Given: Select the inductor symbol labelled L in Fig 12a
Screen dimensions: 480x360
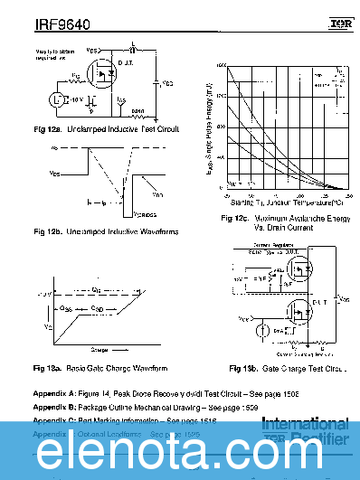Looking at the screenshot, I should pyautogui.click(x=133, y=48).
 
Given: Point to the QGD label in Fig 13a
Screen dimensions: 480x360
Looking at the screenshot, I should pyautogui.click(x=98, y=308).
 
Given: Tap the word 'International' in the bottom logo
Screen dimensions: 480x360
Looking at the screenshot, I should pyautogui.click(x=308, y=424).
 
